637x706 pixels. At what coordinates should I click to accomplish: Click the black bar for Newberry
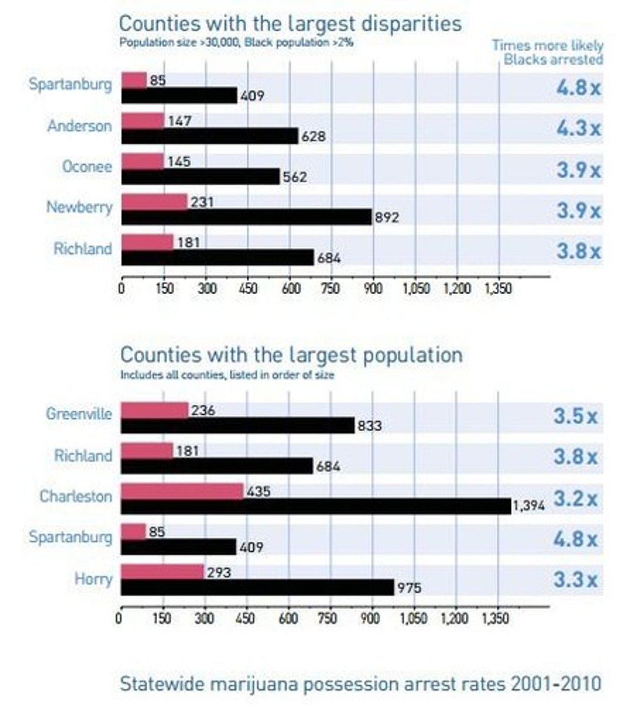click(247, 217)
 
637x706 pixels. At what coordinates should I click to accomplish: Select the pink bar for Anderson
click(143, 121)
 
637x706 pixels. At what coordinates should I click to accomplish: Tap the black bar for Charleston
click(316, 507)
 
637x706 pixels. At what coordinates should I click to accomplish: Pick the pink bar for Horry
click(162, 572)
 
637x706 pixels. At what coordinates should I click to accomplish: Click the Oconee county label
click(87, 167)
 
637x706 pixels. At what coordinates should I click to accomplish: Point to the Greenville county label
click(78, 414)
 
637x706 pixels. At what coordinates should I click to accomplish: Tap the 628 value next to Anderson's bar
click(313, 137)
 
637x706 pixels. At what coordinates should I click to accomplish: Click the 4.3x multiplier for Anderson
click(578, 128)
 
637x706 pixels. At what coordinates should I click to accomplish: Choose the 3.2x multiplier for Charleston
click(575, 498)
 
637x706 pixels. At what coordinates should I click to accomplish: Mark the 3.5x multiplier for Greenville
click(575, 416)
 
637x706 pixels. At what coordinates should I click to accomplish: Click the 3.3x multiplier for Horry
click(575, 580)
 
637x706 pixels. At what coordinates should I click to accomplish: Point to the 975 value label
click(409, 588)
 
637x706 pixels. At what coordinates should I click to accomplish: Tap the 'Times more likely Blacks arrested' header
click(547, 52)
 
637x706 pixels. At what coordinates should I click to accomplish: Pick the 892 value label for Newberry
click(387, 218)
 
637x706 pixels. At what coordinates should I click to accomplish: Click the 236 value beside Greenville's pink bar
click(203, 410)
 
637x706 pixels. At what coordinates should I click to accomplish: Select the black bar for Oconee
click(201, 176)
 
